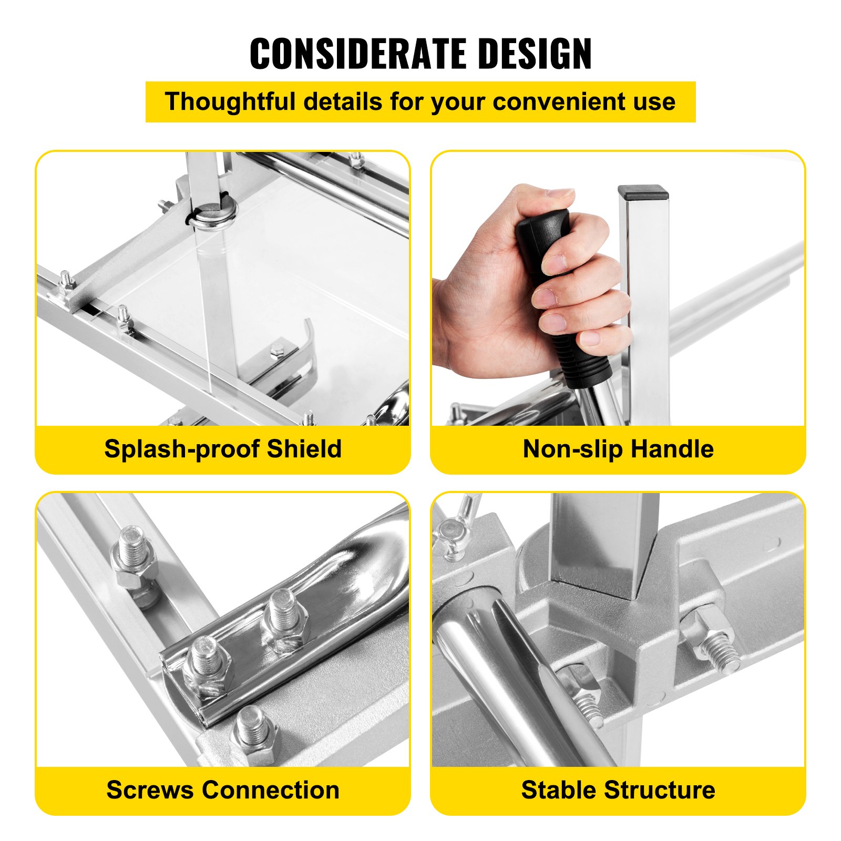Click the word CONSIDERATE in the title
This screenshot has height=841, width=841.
355,54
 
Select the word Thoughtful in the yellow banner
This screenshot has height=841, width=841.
230,101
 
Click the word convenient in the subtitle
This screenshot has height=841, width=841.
558,101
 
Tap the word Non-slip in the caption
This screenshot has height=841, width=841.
572,449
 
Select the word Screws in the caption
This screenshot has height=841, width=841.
150,791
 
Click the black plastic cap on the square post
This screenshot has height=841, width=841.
643,192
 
